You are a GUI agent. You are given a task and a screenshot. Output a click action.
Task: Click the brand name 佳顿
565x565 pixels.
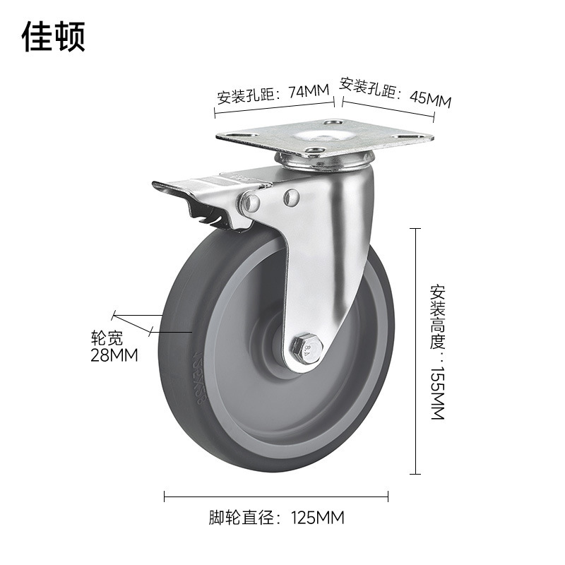[x=54, y=36]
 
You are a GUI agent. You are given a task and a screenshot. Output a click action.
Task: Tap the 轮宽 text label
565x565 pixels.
[x=107, y=337]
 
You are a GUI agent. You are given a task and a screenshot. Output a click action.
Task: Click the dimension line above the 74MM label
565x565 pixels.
[x=275, y=106]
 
